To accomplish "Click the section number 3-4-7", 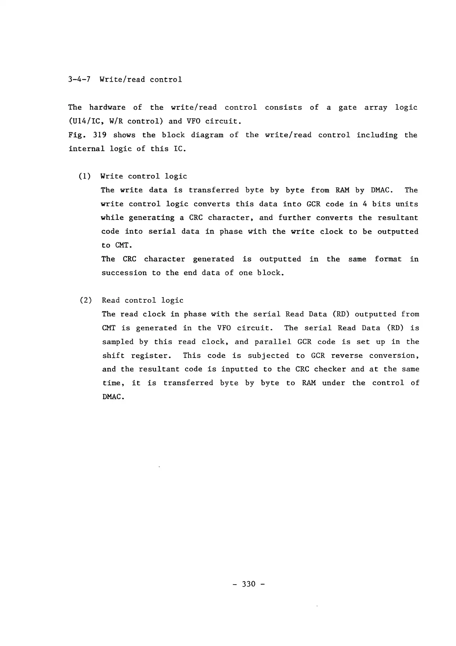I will point(80,80).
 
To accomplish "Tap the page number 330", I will point(249,584).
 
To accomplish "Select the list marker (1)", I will point(85,176).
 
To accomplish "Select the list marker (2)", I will point(85,300).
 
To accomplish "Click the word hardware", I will point(107,107).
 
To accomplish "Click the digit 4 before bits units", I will point(365,204).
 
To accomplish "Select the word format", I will point(388,259).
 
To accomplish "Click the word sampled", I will point(118,342).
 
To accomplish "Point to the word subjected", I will point(268,356).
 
